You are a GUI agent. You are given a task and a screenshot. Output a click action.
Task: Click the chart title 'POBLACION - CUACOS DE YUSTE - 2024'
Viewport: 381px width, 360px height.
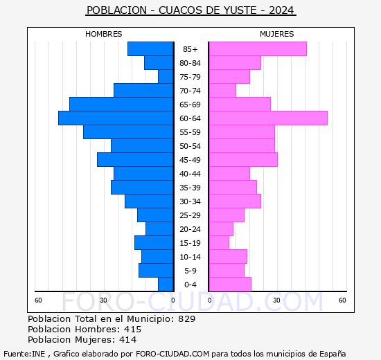click(x=190, y=10)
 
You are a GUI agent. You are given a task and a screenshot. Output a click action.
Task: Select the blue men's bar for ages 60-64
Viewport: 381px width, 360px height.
click(x=116, y=118)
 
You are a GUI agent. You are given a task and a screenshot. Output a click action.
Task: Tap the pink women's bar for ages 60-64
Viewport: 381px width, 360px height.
click(x=268, y=118)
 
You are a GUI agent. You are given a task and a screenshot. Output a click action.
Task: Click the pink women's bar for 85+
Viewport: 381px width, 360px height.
click(x=258, y=49)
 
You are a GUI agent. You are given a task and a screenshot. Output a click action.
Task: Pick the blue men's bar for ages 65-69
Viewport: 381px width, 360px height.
click(x=121, y=105)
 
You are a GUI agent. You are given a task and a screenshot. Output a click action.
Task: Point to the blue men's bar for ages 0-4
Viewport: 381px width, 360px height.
click(x=166, y=285)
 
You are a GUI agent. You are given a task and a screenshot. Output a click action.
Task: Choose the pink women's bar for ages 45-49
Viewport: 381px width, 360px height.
click(x=243, y=160)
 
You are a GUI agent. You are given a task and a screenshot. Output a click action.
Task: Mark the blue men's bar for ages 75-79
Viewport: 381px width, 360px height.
click(x=166, y=77)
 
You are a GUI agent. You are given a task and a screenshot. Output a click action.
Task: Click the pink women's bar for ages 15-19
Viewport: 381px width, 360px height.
click(x=219, y=243)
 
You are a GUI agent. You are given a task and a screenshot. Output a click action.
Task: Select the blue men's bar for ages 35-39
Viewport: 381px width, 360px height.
click(x=142, y=188)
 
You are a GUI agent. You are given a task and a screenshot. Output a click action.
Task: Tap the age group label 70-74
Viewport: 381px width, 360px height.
click(x=190, y=91)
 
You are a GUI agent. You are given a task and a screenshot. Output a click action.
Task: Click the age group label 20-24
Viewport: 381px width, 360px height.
click(x=190, y=229)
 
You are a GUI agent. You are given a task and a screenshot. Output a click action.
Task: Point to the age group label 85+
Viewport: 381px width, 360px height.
click(x=190, y=49)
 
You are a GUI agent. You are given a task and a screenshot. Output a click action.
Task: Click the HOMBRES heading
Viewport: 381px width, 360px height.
click(x=104, y=34)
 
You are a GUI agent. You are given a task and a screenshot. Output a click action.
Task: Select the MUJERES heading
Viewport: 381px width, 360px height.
click(x=277, y=34)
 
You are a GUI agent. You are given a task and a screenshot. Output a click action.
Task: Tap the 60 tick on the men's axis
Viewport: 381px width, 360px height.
click(x=39, y=300)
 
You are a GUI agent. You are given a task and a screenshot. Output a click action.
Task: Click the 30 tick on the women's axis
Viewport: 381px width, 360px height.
click(x=276, y=300)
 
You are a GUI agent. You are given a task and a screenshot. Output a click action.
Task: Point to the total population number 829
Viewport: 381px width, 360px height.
click(x=186, y=319)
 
